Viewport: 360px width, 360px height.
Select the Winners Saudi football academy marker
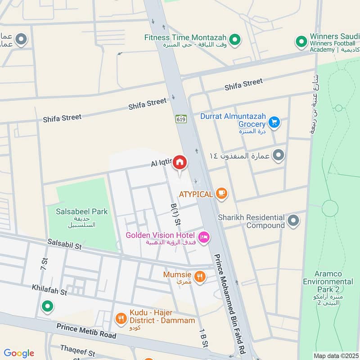(x=301, y=42)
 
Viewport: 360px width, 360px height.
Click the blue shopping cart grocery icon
(x=274, y=121)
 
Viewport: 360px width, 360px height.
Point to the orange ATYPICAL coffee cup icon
(x=221, y=193)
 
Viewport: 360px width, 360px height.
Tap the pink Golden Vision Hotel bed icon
(x=204, y=237)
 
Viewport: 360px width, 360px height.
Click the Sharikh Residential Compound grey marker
(x=293, y=220)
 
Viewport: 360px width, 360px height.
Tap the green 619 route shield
(x=181, y=119)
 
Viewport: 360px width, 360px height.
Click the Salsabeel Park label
(x=82, y=211)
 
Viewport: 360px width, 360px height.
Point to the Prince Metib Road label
(x=86, y=331)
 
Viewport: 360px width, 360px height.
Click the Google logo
(x=19, y=353)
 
